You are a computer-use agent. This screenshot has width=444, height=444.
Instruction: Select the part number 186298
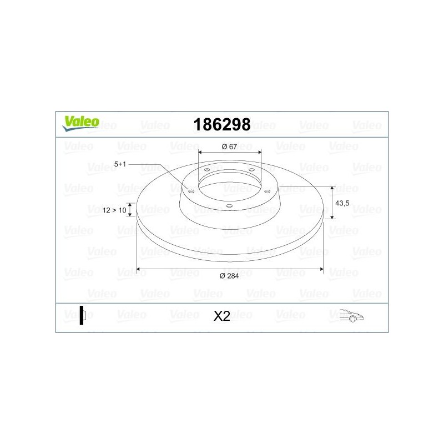point(221,124)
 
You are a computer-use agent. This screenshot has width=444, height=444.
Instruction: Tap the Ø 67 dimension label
point(229,146)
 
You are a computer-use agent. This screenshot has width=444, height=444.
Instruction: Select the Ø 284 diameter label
point(229,276)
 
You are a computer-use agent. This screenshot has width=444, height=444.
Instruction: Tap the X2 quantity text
point(221,316)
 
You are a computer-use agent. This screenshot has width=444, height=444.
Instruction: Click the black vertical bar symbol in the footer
point(82,315)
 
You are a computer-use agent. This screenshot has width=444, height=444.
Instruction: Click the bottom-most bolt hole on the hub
point(229,205)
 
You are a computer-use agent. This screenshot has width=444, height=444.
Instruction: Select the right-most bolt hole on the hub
point(267,191)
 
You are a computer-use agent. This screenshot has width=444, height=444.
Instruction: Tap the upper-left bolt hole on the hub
point(206,170)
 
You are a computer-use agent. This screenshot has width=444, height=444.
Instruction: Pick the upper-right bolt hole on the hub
point(251,170)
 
